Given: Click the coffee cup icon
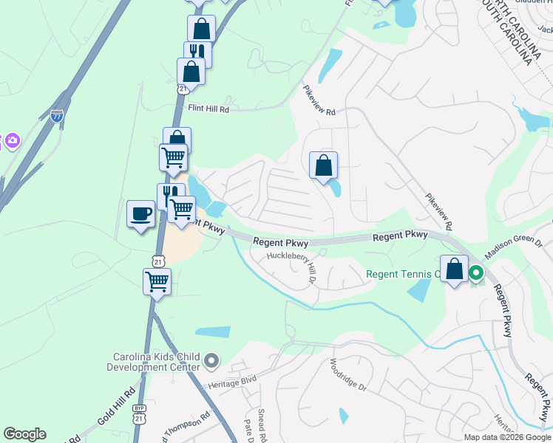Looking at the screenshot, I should [x=140, y=215].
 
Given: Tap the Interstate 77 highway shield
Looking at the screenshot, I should [x=57, y=115].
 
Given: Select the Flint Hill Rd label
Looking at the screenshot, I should [x=209, y=109].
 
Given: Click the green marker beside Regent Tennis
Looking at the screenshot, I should [x=476, y=274].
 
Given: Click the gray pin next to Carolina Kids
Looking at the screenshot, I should [x=212, y=361].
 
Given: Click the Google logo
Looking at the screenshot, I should [x=24, y=434].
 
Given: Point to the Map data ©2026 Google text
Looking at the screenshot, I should [x=506, y=437].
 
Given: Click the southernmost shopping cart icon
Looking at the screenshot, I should [x=157, y=281].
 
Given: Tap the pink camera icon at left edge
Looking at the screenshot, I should [x=11, y=140].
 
